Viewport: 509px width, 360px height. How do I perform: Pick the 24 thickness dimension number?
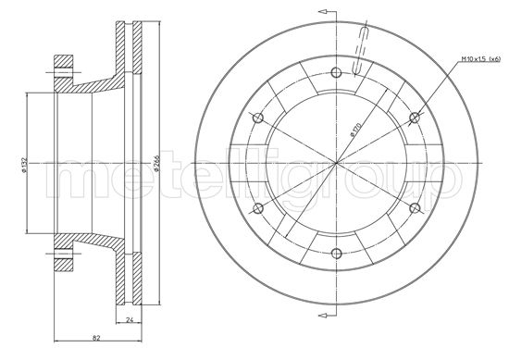click(x=130, y=321)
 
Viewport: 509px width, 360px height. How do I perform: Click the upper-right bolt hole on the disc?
click(x=415, y=117)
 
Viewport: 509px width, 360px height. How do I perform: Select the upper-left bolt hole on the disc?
click(x=259, y=117)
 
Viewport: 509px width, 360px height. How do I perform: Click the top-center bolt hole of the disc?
click(x=337, y=72)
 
